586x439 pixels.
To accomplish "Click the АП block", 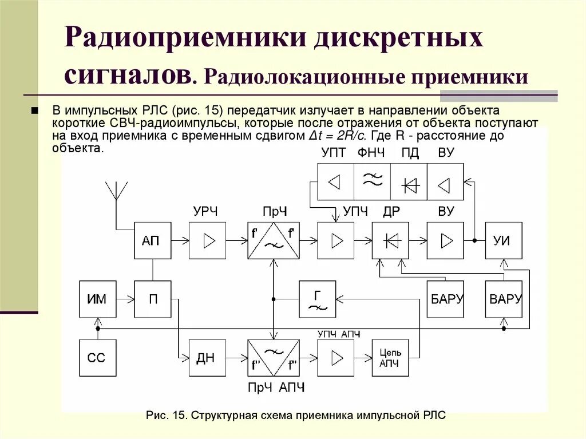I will pos(153,240).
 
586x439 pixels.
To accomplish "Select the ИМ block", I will pos(98,299).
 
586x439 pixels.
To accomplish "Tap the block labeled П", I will pos(153,299).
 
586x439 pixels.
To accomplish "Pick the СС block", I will pos(98,357).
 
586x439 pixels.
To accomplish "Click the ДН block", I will pos(207,357).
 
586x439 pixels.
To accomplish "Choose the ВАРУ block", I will pos(504,299).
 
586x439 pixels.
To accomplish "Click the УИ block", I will pos(504,240).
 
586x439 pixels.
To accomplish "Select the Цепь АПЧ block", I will pos(390,357).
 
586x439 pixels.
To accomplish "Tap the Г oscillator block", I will pos(318,299).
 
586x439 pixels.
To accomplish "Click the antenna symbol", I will pos(116,191).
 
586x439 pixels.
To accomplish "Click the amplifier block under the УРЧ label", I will pos(207,240).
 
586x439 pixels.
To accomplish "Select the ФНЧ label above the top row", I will pos(371,153).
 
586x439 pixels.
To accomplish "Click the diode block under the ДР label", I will pos(390,240).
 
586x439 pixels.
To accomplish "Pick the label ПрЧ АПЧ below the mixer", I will pos(276,388).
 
